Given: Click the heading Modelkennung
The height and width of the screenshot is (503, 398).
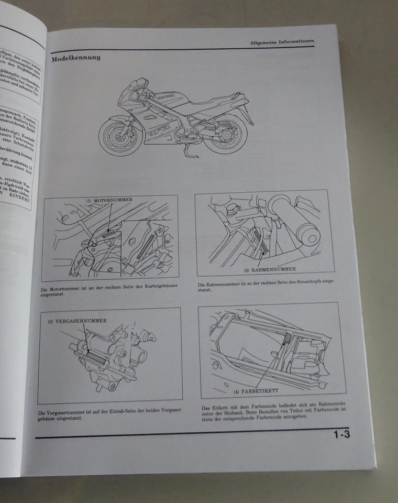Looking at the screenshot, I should click(75, 58).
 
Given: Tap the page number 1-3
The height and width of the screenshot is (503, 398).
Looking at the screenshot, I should click(340, 434).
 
